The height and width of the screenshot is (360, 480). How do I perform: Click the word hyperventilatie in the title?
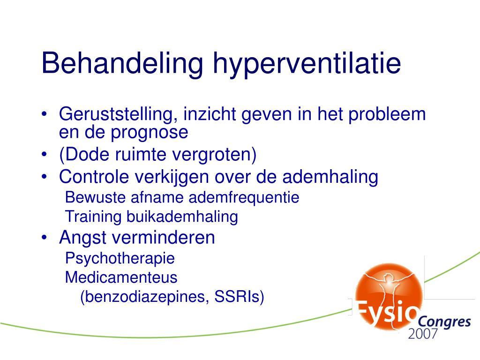307,64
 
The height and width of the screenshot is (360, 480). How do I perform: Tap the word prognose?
150,133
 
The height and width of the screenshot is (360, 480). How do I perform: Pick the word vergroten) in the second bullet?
221,155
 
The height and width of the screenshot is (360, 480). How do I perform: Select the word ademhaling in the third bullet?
332,177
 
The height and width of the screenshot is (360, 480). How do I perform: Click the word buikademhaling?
182,217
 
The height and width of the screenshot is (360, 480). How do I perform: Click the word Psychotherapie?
120,258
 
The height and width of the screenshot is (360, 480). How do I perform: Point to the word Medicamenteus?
121,277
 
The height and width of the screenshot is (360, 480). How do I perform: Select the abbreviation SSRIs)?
239,297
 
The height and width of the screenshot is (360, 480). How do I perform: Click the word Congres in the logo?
444,322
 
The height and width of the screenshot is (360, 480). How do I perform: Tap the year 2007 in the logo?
423,334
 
